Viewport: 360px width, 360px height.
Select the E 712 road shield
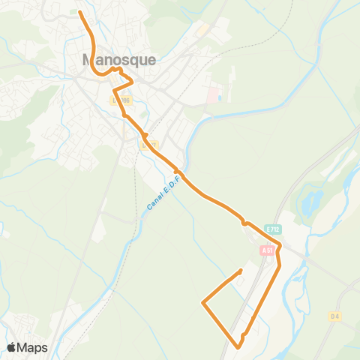click(271, 227)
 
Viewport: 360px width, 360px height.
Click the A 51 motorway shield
click(268, 250)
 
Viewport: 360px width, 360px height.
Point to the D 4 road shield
click(334, 317)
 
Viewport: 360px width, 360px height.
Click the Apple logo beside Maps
click(12, 347)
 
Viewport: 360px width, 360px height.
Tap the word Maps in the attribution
click(34, 347)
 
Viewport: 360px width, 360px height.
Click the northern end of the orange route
click(80, 12)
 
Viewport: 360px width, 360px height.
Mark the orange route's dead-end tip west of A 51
click(241, 270)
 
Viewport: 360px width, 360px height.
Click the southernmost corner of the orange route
click(238, 347)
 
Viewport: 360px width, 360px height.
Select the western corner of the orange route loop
click(203, 303)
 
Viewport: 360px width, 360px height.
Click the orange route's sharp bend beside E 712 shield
click(280, 245)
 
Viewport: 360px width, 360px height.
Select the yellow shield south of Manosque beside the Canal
click(148, 145)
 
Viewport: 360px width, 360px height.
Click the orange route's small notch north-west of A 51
click(244, 222)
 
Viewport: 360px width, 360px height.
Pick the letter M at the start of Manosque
click(88, 59)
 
